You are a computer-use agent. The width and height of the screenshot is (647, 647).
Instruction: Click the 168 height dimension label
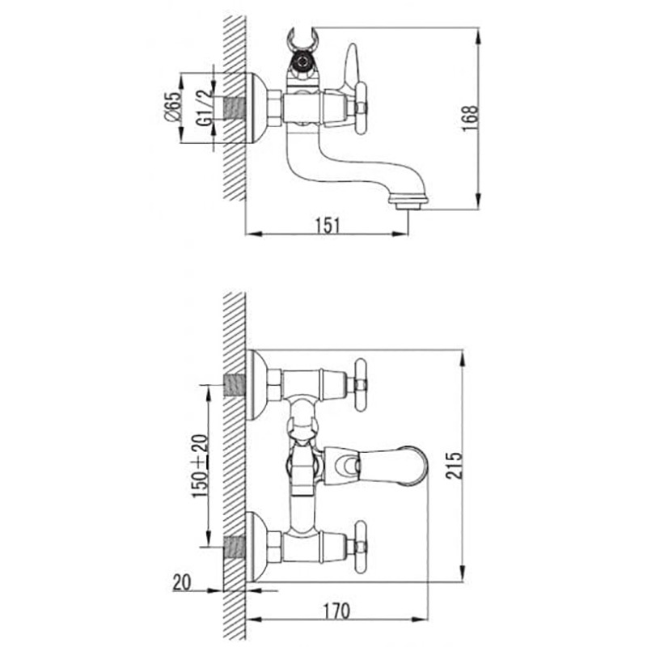[x=471, y=118]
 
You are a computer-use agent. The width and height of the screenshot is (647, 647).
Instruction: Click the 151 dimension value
[x=328, y=226]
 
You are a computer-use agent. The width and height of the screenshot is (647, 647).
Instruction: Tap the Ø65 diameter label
[x=172, y=107]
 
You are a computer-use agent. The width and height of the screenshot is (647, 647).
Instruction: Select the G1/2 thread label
[x=205, y=108]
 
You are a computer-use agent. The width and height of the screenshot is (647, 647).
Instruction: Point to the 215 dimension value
[x=455, y=466]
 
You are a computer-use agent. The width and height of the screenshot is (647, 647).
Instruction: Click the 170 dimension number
[x=336, y=611]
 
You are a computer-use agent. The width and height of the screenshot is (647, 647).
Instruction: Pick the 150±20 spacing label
[x=200, y=466]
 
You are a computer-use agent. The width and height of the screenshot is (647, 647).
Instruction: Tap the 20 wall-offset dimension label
[x=182, y=582]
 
